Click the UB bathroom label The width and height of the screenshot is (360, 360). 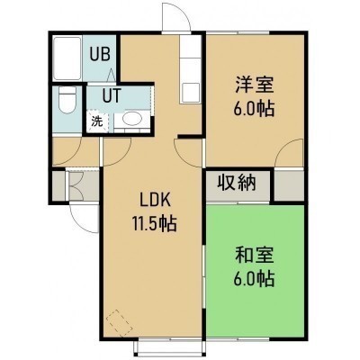101,54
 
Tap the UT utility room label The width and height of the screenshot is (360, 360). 112,95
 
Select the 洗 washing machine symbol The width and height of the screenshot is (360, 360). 97,121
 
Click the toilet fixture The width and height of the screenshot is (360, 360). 67,100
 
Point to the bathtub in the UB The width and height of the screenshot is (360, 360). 67,58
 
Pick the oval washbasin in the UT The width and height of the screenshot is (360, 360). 131,119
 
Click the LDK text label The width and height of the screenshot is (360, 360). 155,200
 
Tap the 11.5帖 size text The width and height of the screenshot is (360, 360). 154,223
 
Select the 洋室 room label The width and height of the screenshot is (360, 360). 254,85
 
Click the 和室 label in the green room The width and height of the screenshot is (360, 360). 254,255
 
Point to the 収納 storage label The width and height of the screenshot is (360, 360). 237,183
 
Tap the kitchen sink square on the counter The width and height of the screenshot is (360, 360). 190,93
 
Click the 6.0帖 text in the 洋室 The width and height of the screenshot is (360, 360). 254,109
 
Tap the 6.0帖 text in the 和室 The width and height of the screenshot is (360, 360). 254,279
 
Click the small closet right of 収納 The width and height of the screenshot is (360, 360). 289,185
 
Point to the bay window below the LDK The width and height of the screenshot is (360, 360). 170,349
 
